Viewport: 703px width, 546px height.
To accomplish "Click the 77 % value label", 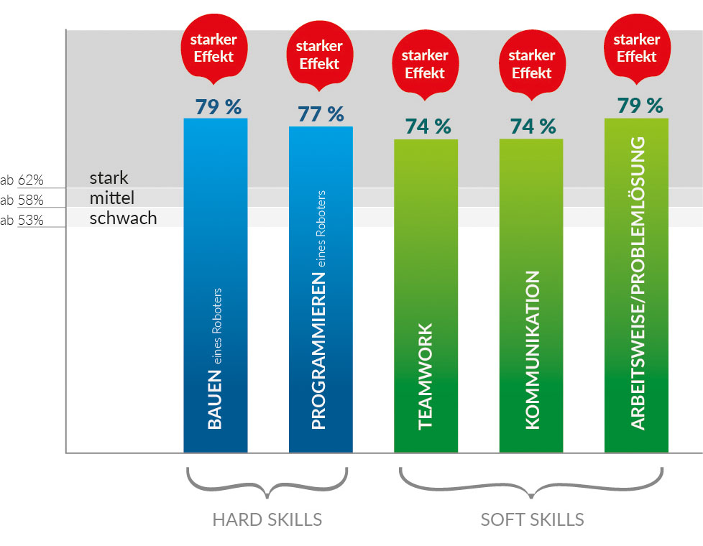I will pos(321,114).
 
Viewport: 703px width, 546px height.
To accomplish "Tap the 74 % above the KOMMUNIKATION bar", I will pos(533,126).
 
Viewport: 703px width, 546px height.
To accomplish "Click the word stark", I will pos(109,178).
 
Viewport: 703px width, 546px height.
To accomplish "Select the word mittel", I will pos(112,198).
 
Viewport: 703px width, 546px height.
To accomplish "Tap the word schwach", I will pos(123,218).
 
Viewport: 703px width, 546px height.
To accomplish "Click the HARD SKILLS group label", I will pos(267,519).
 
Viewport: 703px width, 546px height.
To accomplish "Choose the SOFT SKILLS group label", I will pos(532,519).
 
